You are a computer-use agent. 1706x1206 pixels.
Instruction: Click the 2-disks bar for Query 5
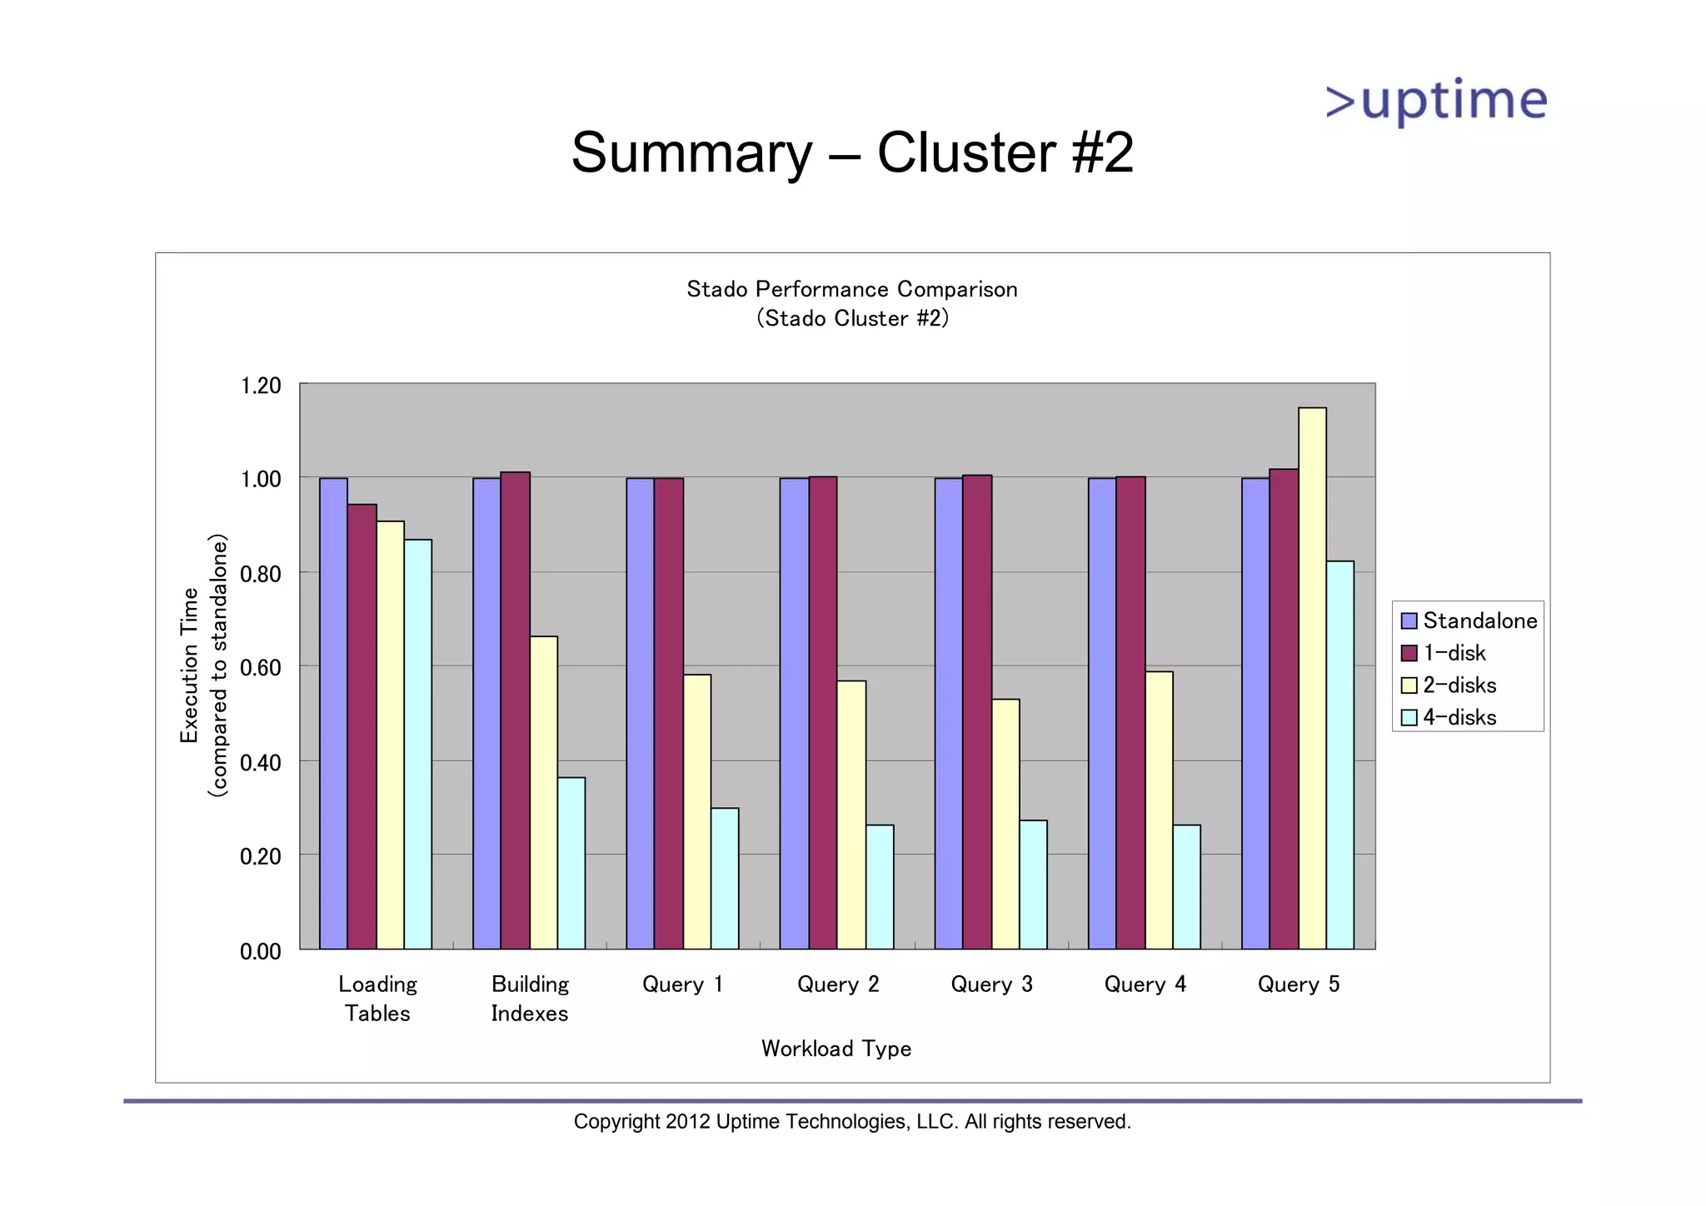(x=1312, y=678)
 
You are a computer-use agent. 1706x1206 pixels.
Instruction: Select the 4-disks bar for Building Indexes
(x=571, y=863)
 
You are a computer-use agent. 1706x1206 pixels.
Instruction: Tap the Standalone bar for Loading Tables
(x=333, y=713)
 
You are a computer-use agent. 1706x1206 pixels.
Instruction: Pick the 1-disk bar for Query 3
(x=977, y=711)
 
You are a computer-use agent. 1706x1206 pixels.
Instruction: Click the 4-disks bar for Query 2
(x=880, y=886)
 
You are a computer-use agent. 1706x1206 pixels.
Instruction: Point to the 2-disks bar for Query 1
(x=697, y=811)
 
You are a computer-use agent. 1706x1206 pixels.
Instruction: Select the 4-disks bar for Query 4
(x=1186, y=886)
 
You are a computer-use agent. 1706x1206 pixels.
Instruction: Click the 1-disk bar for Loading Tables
(x=362, y=726)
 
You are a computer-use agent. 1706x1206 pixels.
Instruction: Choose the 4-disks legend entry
(x=1459, y=717)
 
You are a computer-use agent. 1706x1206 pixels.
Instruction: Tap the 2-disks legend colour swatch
(x=1409, y=685)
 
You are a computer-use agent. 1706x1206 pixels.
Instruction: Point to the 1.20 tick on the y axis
(x=261, y=386)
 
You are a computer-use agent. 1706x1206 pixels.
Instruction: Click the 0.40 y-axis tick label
(x=261, y=762)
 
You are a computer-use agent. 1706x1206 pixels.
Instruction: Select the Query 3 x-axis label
(x=991, y=984)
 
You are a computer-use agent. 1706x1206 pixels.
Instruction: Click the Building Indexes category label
(x=530, y=999)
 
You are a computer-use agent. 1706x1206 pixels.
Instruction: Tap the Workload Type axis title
(x=836, y=1049)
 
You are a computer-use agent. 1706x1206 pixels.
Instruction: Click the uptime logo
(x=1436, y=102)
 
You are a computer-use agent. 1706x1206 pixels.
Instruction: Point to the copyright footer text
(x=851, y=1122)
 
